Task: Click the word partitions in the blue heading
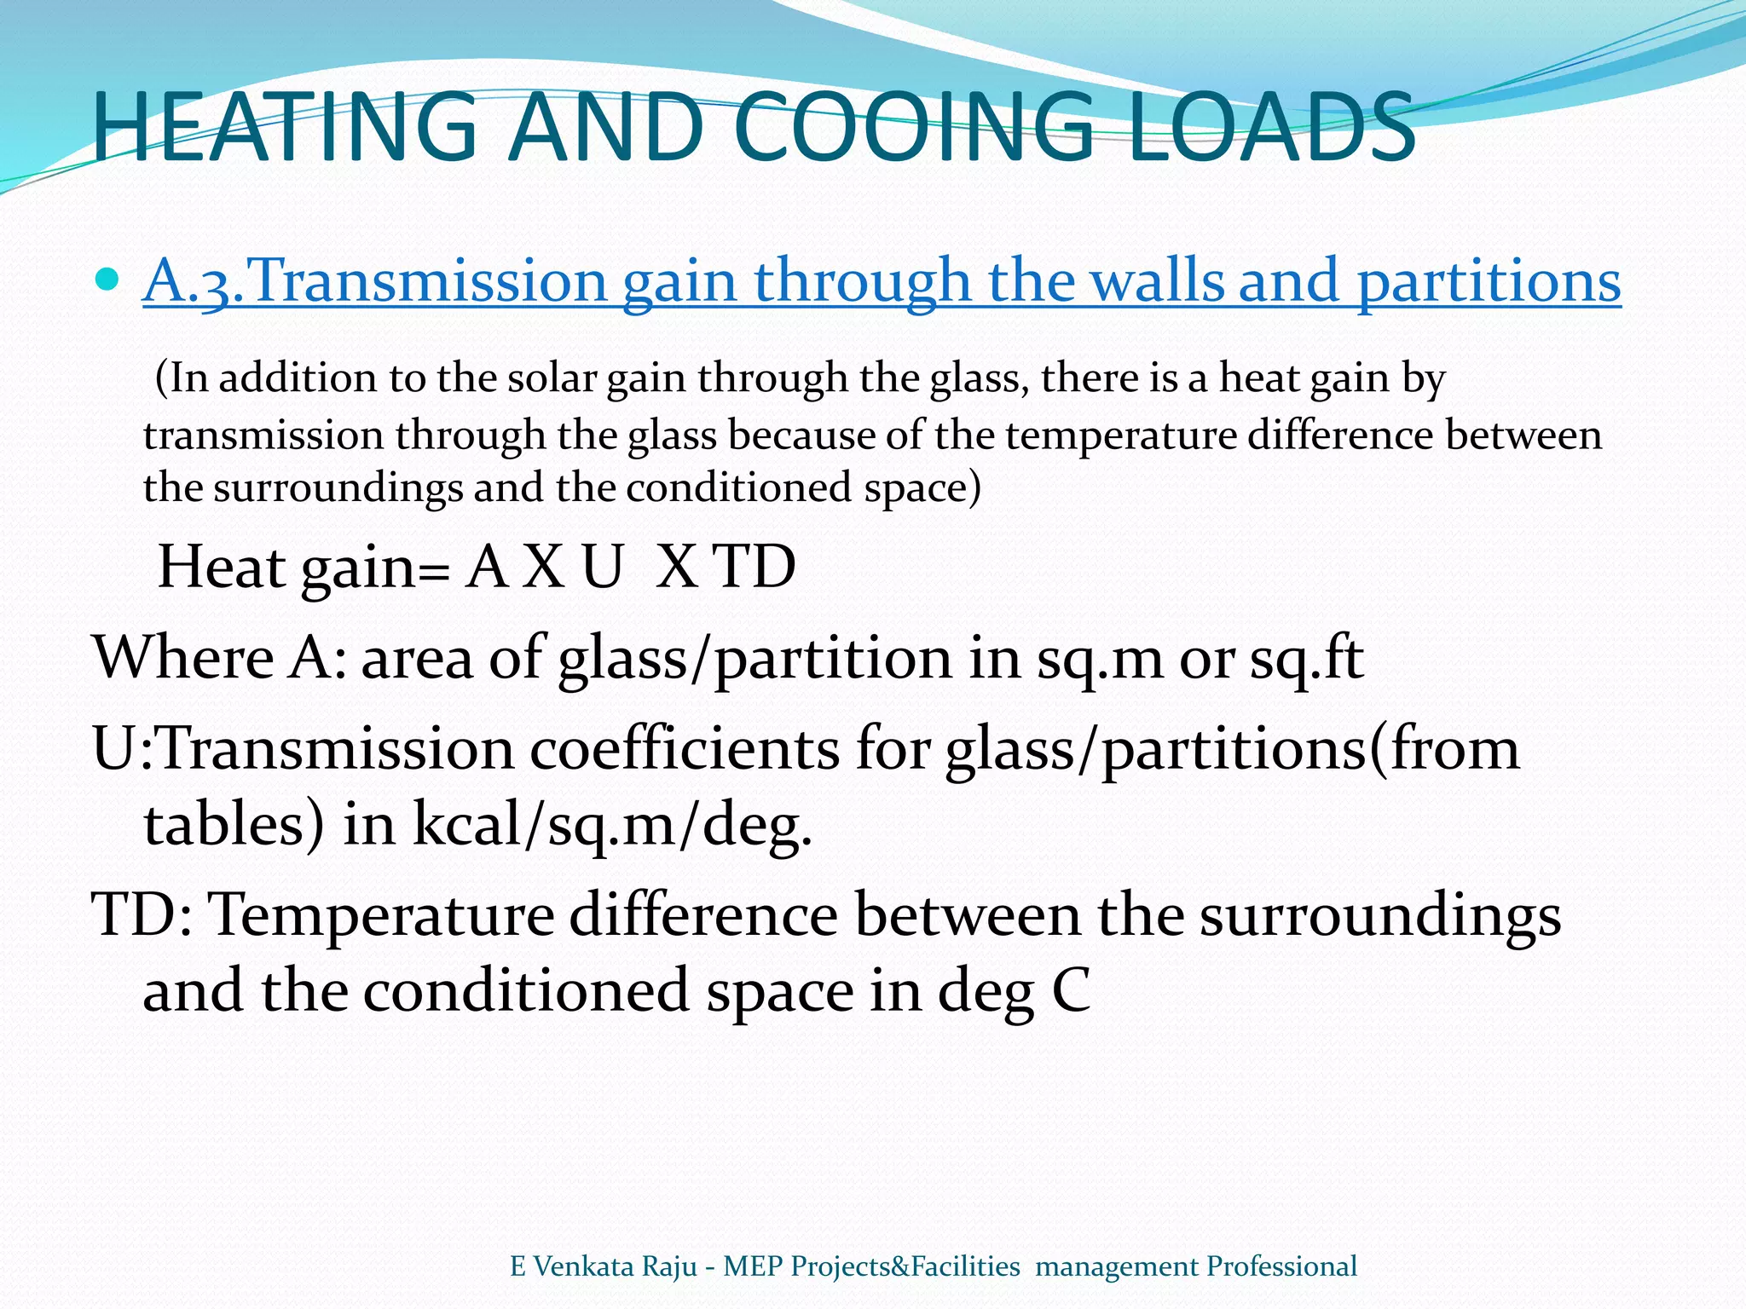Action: point(1489,281)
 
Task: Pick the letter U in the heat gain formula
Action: point(602,568)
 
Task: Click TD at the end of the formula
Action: point(754,568)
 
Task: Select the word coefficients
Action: point(684,750)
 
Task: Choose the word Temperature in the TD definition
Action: point(382,916)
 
